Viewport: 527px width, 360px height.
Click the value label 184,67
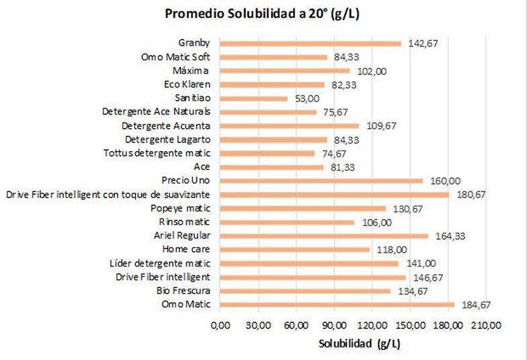[x=476, y=305]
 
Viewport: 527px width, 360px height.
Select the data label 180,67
[x=471, y=195]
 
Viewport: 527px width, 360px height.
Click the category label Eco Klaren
[x=188, y=85]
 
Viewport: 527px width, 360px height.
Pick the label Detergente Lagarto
[x=168, y=140]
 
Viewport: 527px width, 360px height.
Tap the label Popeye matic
[x=181, y=208]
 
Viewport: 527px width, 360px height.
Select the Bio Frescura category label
[x=184, y=291]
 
